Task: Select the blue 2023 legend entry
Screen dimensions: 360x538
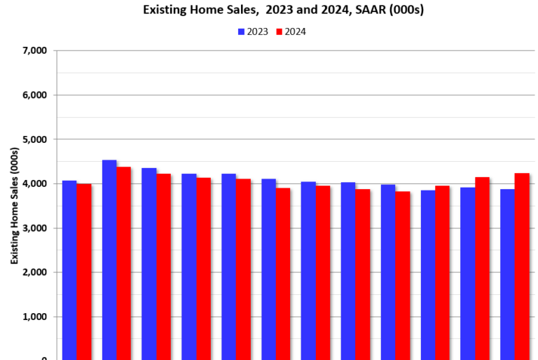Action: (x=251, y=32)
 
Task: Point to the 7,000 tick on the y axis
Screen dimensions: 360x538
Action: (x=34, y=50)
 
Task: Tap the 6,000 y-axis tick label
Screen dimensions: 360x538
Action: (x=34, y=95)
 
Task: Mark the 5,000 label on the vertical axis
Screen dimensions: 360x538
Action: (x=34, y=139)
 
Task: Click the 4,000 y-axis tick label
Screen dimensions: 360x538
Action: (x=34, y=184)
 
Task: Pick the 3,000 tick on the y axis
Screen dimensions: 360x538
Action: (x=34, y=228)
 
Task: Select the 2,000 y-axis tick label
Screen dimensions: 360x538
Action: (x=34, y=272)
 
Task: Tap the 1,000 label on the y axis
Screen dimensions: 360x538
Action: (x=34, y=317)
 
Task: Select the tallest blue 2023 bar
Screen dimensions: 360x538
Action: (x=109, y=260)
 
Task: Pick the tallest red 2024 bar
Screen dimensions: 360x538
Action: (x=124, y=263)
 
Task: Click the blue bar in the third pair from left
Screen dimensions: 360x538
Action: (x=149, y=264)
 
